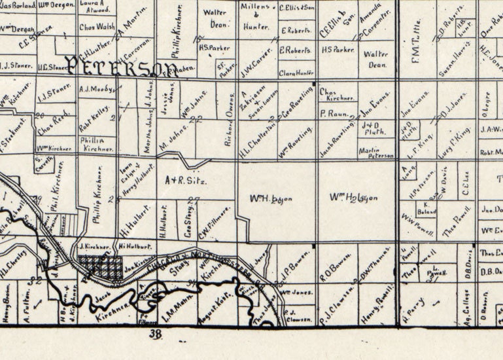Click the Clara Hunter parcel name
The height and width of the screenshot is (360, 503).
point(296,74)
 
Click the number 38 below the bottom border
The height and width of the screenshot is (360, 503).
point(156,334)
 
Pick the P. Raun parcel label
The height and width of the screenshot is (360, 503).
point(332,114)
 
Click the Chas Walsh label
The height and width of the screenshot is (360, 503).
point(97,27)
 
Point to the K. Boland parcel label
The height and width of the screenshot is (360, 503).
point(430,208)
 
